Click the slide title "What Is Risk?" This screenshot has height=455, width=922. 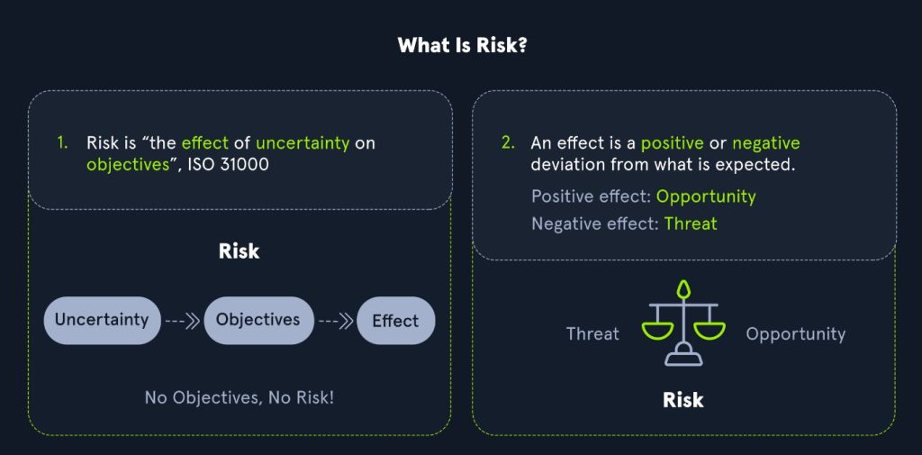[x=462, y=45]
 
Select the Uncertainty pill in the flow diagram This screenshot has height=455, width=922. [x=102, y=320]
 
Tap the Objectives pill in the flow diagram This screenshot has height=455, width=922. [x=258, y=320]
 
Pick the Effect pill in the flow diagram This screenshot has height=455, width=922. [x=396, y=321]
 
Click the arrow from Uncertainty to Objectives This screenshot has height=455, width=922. [x=182, y=321]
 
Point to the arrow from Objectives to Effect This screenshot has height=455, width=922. [x=335, y=321]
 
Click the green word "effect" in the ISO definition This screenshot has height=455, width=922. [x=203, y=143]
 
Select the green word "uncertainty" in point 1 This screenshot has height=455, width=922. [x=303, y=143]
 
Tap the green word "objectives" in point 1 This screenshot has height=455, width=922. [x=128, y=164]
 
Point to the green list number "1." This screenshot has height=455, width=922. [x=63, y=143]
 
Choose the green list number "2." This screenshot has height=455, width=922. [x=508, y=143]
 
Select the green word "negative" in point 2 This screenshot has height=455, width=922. [x=766, y=143]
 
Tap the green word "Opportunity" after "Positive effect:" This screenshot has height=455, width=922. [x=706, y=196]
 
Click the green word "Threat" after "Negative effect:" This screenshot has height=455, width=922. [x=691, y=223]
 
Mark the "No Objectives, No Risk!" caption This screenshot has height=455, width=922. [x=240, y=397]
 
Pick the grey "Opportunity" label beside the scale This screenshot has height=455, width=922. [x=796, y=334]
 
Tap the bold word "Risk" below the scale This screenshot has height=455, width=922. [x=683, y=400]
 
